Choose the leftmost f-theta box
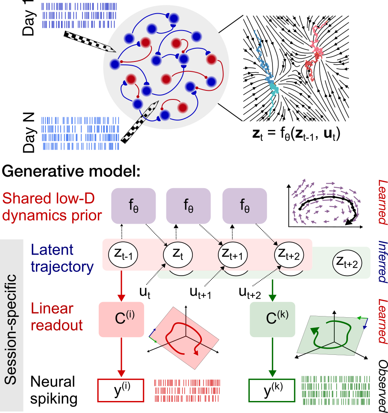(x=133, y=205)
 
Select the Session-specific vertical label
(x=11, y=326)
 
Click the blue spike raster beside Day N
(x=81, y=133)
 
